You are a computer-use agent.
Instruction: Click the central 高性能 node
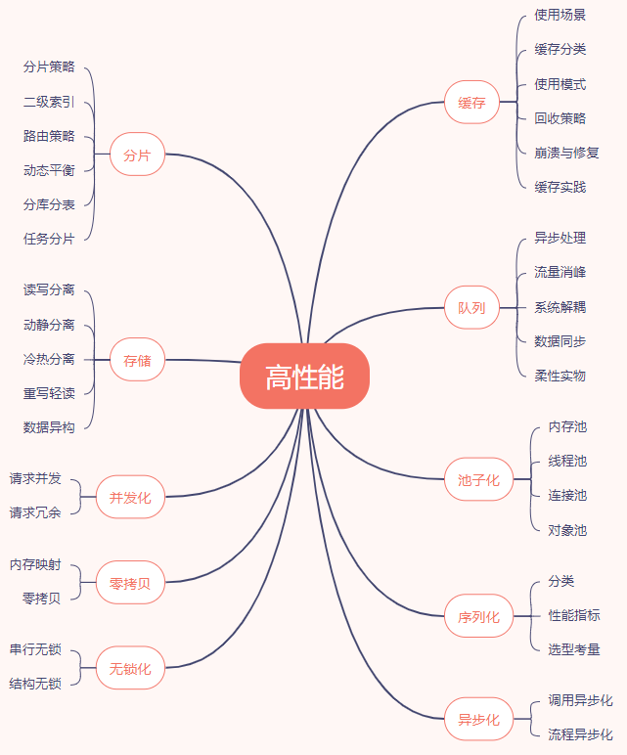click(304, 377)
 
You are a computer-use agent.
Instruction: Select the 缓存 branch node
click(471, 102)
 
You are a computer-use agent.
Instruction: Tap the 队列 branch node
click(471, 308)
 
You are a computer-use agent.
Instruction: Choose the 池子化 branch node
click(478, 479)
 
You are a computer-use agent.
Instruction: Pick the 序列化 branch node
click(478, 616)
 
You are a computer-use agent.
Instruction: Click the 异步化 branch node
click(478, 719)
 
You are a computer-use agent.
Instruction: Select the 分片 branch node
click(137, 155)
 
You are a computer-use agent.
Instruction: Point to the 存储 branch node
click(137, 360)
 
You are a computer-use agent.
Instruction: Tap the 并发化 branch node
click(130, 497)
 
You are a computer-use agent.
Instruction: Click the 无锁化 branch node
click(130, 668)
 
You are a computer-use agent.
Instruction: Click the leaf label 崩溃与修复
click(566, 153)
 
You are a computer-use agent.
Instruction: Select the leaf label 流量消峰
click(560, 272)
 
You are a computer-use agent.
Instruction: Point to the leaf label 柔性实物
click(560, 376)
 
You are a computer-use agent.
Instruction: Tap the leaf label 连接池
click(567, 495)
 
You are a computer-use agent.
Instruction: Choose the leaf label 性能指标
click(574, 615)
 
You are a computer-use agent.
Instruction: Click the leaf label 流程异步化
click(580, 734)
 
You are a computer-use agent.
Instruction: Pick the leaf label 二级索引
click(49, 102)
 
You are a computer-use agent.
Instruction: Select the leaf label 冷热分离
click(49, 359)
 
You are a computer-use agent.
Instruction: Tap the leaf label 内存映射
click(35, 564)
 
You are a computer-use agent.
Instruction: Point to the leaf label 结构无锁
click(35, 684)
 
